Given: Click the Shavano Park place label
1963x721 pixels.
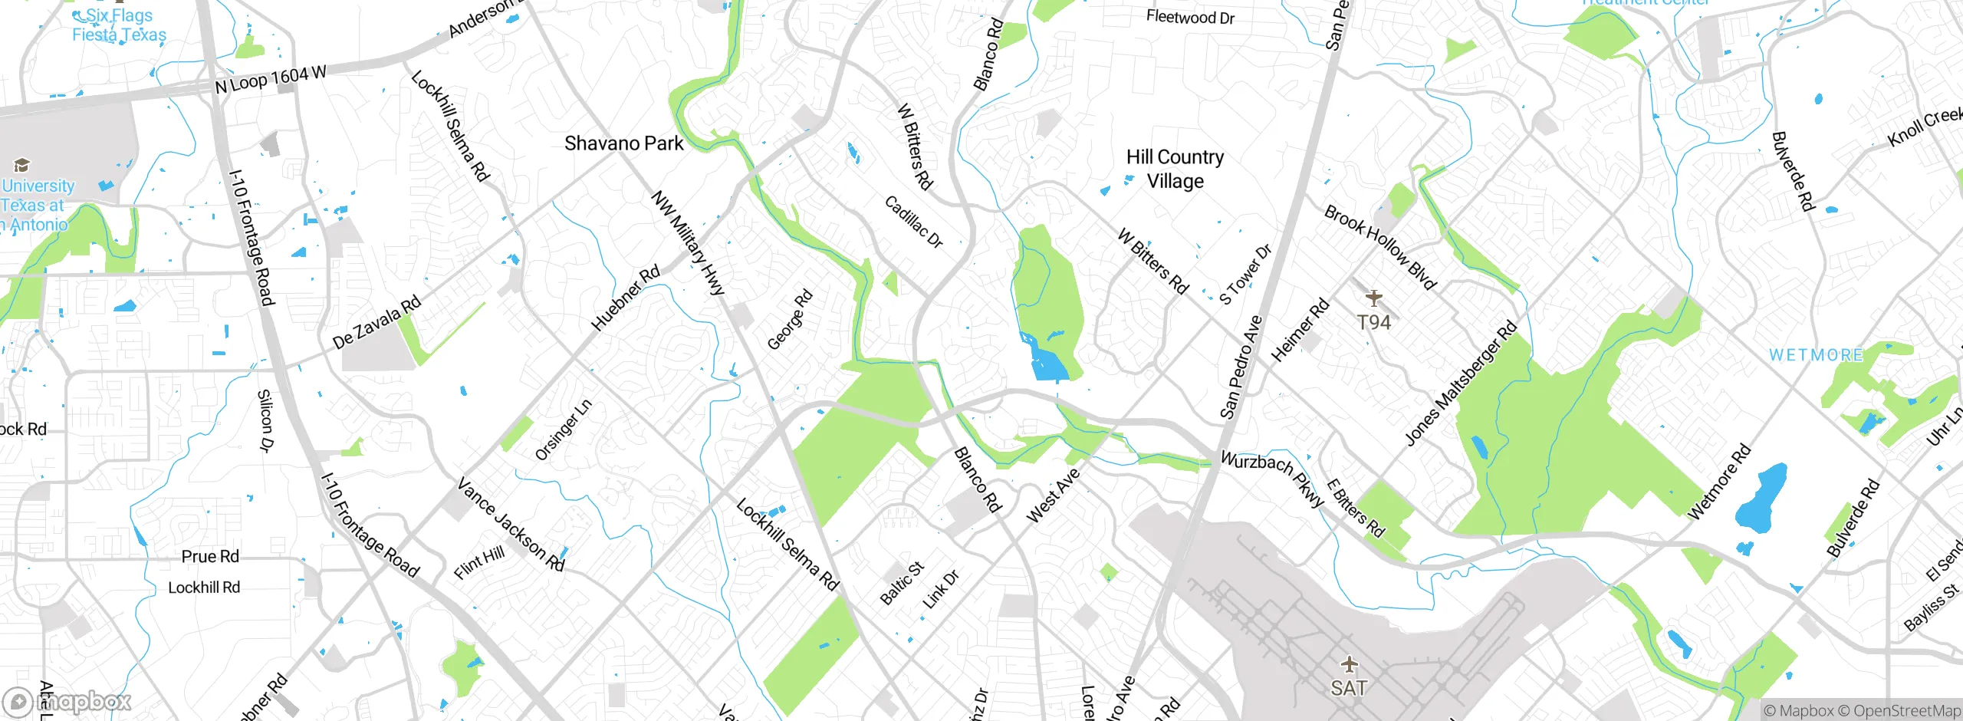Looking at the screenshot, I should [623, 143].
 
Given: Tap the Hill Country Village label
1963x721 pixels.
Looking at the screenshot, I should [1175, 169].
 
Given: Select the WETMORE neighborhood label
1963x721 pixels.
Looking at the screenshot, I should [1816, 355].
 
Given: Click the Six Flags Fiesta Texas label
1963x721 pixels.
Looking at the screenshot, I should [119, 25].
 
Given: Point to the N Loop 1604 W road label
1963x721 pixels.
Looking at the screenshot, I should [271, 79].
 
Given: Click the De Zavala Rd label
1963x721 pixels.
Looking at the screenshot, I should [377, 322].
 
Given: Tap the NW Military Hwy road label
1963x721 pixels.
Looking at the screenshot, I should [688, 242].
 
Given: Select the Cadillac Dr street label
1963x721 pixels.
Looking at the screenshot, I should [913, 222].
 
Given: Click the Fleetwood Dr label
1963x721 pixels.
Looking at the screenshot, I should [1190, 17].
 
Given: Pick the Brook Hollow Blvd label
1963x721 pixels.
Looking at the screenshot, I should [1380, 247].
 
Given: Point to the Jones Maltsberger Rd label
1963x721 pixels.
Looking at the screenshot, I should [1461, 383].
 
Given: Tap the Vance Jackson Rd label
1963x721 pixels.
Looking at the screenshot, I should [511, 525].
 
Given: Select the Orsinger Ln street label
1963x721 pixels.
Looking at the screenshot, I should [564, 430].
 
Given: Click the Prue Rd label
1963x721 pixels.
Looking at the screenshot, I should [210, 556].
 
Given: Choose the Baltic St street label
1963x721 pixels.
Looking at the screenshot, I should [902, 583].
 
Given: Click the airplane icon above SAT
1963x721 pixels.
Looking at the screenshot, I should [1349, 664].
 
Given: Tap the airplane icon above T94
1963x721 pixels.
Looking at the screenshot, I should [1373, 298].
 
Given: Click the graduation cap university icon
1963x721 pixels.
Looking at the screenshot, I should [21, 165].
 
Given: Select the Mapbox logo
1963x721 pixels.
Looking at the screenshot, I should [67, 701].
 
